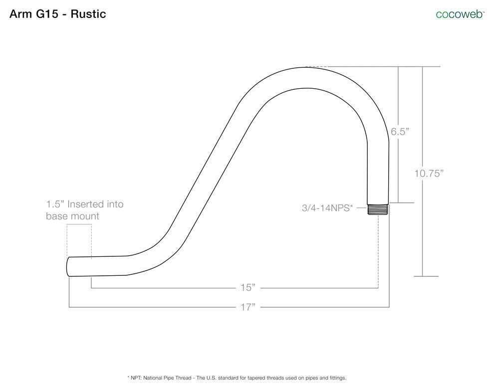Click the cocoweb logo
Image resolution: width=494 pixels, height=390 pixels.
pos(460,14)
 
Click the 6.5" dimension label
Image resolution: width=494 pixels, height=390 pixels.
pos(400,132)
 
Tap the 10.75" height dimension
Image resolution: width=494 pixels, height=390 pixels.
pos(429,173)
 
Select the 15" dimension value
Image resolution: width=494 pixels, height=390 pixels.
pos(247,287)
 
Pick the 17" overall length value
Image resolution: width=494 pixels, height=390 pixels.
pos(247,307)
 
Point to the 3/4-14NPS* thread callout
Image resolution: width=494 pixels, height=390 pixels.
pos(327,208)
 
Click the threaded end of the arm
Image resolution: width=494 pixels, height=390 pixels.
pos(378,209)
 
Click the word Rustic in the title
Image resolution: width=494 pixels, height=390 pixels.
pos(88,14)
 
